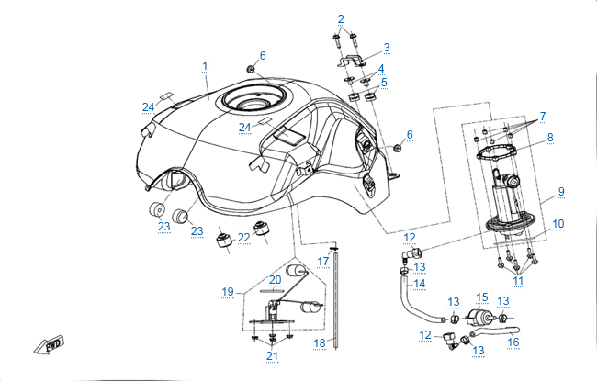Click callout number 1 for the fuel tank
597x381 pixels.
click(205, 66)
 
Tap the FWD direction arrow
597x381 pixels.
click(47, 344)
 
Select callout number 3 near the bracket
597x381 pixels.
click(387, 47)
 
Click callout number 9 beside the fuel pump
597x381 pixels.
click(560, 194)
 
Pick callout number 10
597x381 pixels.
click(559, 223)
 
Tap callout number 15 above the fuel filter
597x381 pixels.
click(481, 297)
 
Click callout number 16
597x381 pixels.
click(513, 342)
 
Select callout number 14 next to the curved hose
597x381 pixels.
click(419, 284)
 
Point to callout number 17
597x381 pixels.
click(323, 261)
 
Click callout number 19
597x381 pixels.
click(228, 291)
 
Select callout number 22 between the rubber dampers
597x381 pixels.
click(243, 237)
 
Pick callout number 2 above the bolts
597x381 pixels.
click(341, 18)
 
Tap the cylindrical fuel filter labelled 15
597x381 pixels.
click(479, 318)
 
